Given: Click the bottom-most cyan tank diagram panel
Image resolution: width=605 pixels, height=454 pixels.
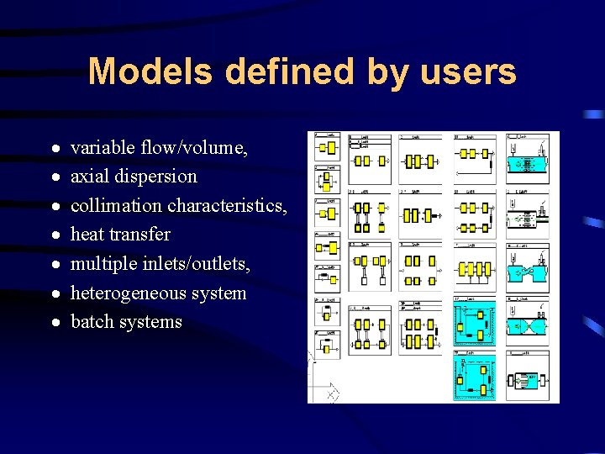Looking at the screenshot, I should click(475, 377).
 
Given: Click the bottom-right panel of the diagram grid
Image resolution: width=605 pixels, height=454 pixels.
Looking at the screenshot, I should click(528, 377).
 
